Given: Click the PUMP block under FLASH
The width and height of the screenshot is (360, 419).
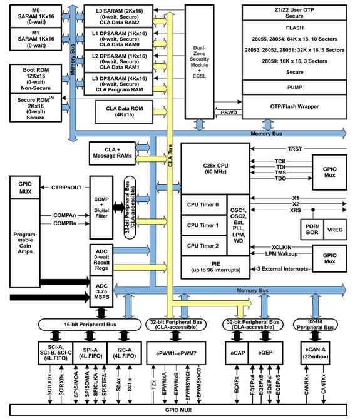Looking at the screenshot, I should coord(294,87).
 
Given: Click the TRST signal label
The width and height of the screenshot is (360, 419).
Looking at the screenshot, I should coord(294,149).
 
